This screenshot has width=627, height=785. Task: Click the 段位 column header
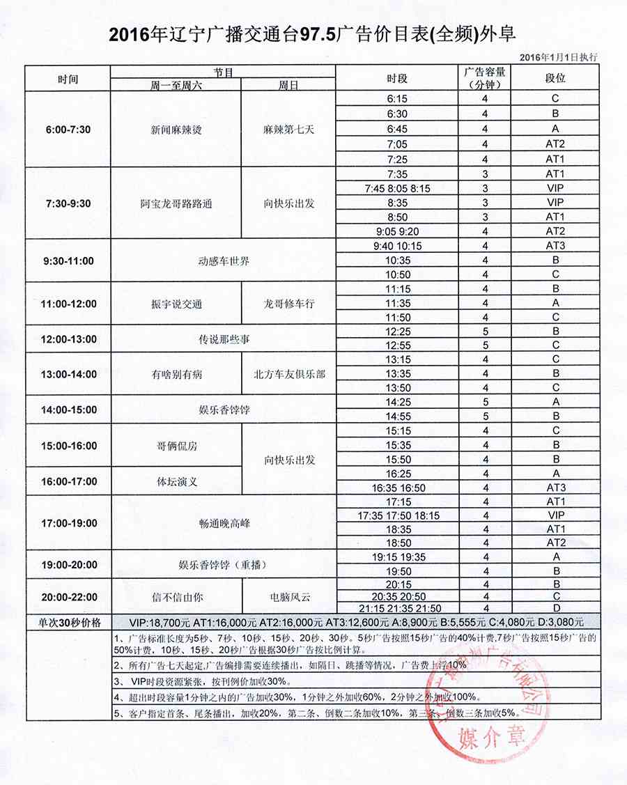tap(555, 78)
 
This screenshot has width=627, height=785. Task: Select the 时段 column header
tap(397, 78)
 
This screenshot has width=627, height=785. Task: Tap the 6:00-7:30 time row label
tap(68, 129)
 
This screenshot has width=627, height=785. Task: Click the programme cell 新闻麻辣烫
tap(176, 130)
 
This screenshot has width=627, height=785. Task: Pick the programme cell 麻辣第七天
tap(288, 130)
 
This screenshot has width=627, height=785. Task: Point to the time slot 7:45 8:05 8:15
tap(397, 189)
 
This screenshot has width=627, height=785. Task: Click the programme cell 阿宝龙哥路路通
tap(176, 203)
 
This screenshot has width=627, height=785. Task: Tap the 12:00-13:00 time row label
tap(68, 339)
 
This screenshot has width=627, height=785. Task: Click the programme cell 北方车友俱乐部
tap(288, 374)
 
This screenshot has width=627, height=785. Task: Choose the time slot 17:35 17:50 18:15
tap(397, 516)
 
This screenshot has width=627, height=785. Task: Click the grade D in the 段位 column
tap(555, 608)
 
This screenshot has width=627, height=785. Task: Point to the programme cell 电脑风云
tap(288, 596)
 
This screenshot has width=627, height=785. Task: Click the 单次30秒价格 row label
tap(68, 622)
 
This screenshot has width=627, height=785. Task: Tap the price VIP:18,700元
tap(155, 622)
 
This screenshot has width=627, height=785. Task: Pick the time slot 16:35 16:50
tap(397, 488)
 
